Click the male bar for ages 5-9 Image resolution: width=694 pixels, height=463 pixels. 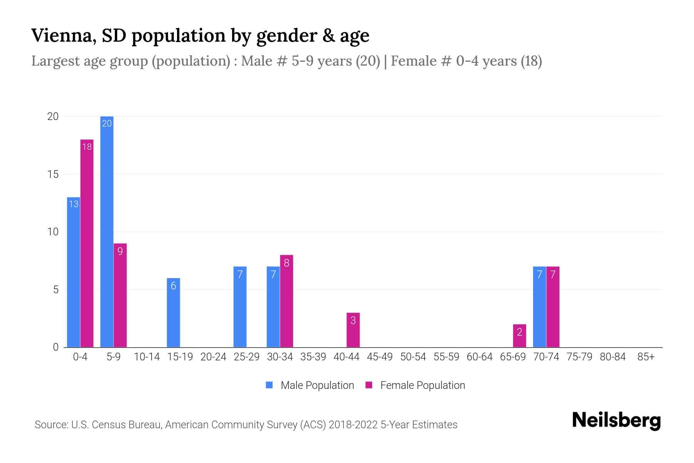tap(107, 231)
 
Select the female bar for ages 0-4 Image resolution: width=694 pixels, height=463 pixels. tap(87, 243)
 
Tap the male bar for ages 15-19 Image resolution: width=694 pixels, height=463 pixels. tap(173, 313)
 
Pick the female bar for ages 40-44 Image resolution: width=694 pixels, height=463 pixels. tap(353, 330)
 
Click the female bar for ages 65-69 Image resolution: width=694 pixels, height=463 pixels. tap(519, 336)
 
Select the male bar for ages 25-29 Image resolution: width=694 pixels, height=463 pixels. tap(240, 307)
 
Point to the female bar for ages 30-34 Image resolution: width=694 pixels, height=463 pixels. tap(286, 301)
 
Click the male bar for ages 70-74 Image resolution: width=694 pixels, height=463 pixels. tap(539, 307)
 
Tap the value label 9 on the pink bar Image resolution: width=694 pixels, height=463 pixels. tap(120, 252)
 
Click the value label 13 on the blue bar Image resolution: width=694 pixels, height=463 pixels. tap(73, 204)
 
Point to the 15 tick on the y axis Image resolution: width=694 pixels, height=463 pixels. tap(53, 174)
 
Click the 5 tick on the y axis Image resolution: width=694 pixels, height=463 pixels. tap(56, 290)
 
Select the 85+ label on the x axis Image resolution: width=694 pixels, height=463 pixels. tap(646, 357)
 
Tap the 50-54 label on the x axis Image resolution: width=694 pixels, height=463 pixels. tap(413, 357)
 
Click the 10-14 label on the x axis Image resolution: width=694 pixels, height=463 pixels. tap(147, 357)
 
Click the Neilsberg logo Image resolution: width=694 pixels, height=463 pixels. tap(616, 420)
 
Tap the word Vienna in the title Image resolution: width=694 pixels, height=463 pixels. tap(63, 35)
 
